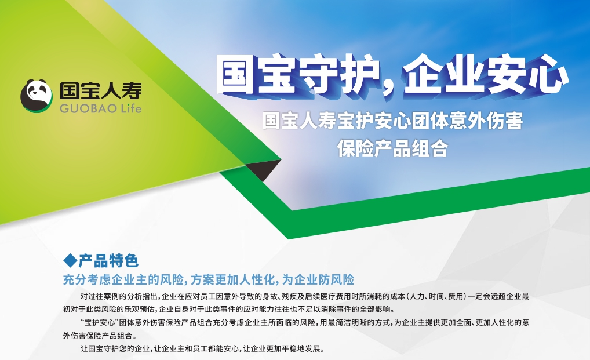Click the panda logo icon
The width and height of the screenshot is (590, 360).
37,96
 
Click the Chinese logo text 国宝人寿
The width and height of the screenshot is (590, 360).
101,91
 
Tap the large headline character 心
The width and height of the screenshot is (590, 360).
547,75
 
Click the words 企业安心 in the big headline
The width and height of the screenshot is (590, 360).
486,75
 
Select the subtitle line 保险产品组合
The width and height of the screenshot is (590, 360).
392,148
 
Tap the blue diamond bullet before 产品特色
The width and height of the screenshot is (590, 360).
70,260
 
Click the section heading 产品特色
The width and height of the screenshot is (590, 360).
109,260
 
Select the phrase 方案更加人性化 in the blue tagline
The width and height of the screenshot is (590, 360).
232,279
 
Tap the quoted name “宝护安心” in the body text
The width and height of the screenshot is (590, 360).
100,322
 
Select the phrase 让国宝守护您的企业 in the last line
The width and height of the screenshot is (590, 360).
115,349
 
